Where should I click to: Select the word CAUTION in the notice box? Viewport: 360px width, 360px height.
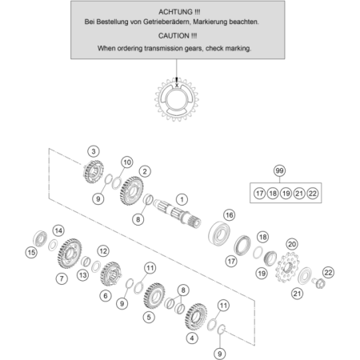[x=174, y=36]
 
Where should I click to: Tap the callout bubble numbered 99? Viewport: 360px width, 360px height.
[x=279, y=170]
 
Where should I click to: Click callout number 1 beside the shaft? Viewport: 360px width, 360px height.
[x=182, y=199]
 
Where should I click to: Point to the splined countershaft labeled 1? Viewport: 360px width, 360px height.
[x=178, y=213]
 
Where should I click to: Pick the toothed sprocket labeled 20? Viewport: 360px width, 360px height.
[x=288, y=268]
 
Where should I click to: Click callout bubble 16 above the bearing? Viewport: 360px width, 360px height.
[x=230, y=215]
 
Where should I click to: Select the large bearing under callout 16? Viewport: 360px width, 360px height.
[x=219, y=233]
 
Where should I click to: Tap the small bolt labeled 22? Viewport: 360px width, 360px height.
[x=319, y=282]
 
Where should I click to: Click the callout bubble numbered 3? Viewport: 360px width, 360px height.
[x=94, y=151]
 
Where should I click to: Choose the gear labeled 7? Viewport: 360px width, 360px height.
[x=70, y=254]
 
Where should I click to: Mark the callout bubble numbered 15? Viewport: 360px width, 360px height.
[x=31, y=252]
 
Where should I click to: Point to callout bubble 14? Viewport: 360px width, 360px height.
[x=58, y=230]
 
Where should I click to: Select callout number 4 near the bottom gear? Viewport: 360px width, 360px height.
[x=192, y=338]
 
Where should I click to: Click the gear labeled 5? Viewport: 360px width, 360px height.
[x=154, y=295]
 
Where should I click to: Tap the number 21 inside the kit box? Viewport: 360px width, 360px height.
[x=299, y=194]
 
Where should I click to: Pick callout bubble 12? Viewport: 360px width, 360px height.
[x=103, y=251]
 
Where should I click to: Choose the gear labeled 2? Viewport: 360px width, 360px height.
[x=131, y=190]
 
